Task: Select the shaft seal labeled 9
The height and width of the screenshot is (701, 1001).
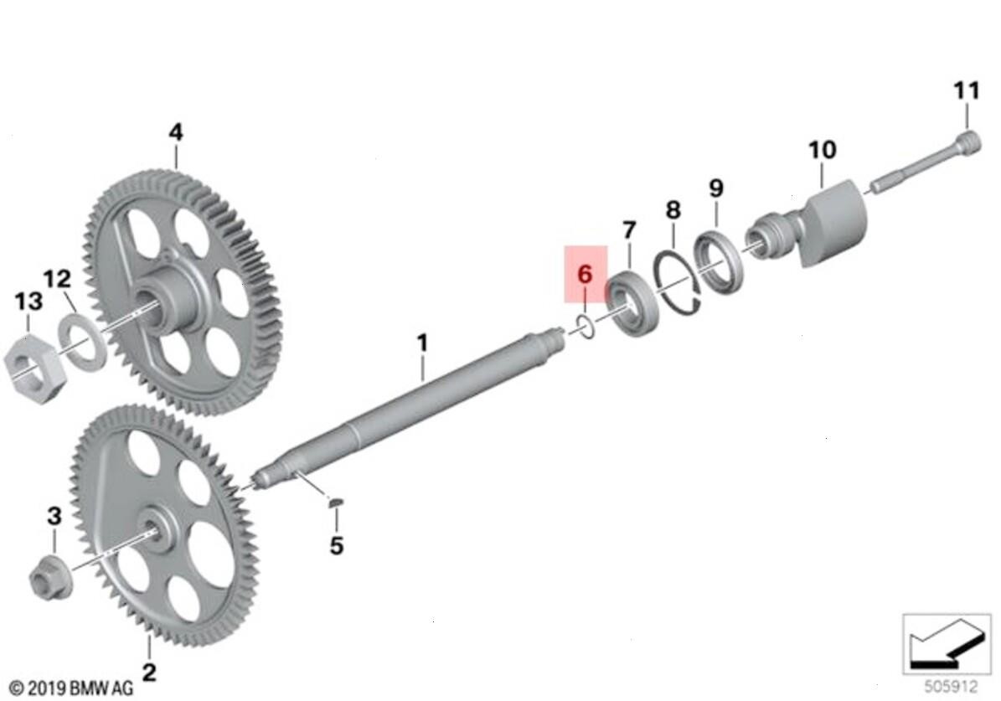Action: click(x=718, y=260)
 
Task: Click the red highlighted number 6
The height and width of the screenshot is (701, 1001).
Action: click(x=585, y=275)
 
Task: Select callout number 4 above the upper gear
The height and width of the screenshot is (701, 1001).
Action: click(x=176, y=132)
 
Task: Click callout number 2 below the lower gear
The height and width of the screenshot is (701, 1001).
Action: click(x=149, y=672)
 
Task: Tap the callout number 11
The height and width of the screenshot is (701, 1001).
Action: click(x=967, y=90)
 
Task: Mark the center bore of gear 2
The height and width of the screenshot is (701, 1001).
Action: click(x=151, y=528)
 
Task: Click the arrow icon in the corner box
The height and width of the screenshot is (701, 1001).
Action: click(x=945, y=645)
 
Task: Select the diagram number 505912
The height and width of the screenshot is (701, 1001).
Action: click(x=952, y=687)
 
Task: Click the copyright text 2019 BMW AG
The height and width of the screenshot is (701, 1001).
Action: click(x=72, y=688)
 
